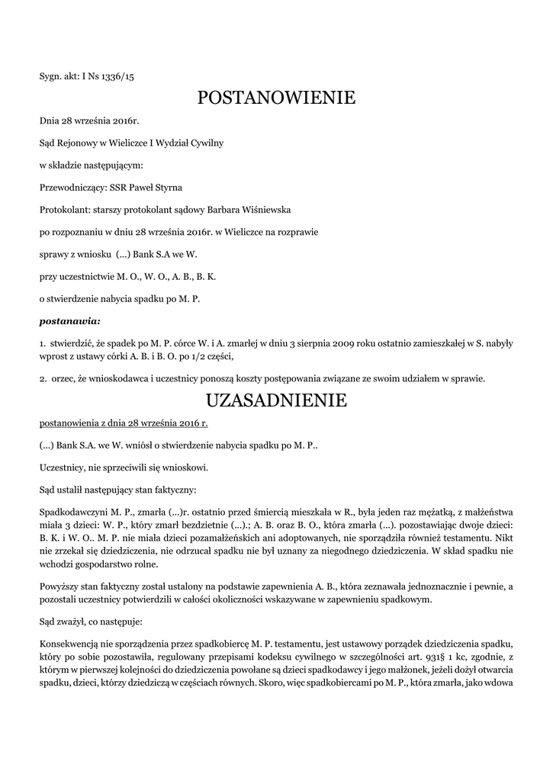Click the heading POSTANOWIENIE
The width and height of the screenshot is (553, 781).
(276, 98)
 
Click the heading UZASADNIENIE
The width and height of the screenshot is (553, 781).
(276, 400)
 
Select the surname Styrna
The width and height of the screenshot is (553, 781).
(166, 187)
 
